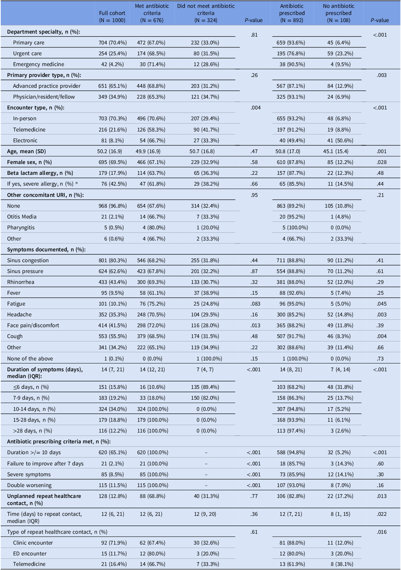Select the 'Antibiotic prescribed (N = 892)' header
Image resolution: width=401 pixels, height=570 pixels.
[x=292, y=13]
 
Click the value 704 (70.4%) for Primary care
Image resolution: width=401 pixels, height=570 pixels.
[x=112, y=43]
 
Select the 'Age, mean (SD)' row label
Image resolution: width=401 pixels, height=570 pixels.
[x=27, y=151]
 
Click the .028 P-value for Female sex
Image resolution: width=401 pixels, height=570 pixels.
[x=382, y=162]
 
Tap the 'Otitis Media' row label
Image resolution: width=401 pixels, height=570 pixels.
[x=22, y=217]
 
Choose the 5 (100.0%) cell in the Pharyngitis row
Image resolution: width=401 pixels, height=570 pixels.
[x=295, y=227]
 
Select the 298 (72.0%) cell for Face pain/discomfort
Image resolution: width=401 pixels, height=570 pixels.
[x=151, y=325]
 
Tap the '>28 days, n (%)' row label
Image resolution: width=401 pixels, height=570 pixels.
[x=33, y=431]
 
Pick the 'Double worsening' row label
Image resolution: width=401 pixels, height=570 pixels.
[x=29, y=485]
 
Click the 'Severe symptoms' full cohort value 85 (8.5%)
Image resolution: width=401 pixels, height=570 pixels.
[x=112, y=474]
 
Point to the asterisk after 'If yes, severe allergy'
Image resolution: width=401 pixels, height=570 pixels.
[x=76, y=183]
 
